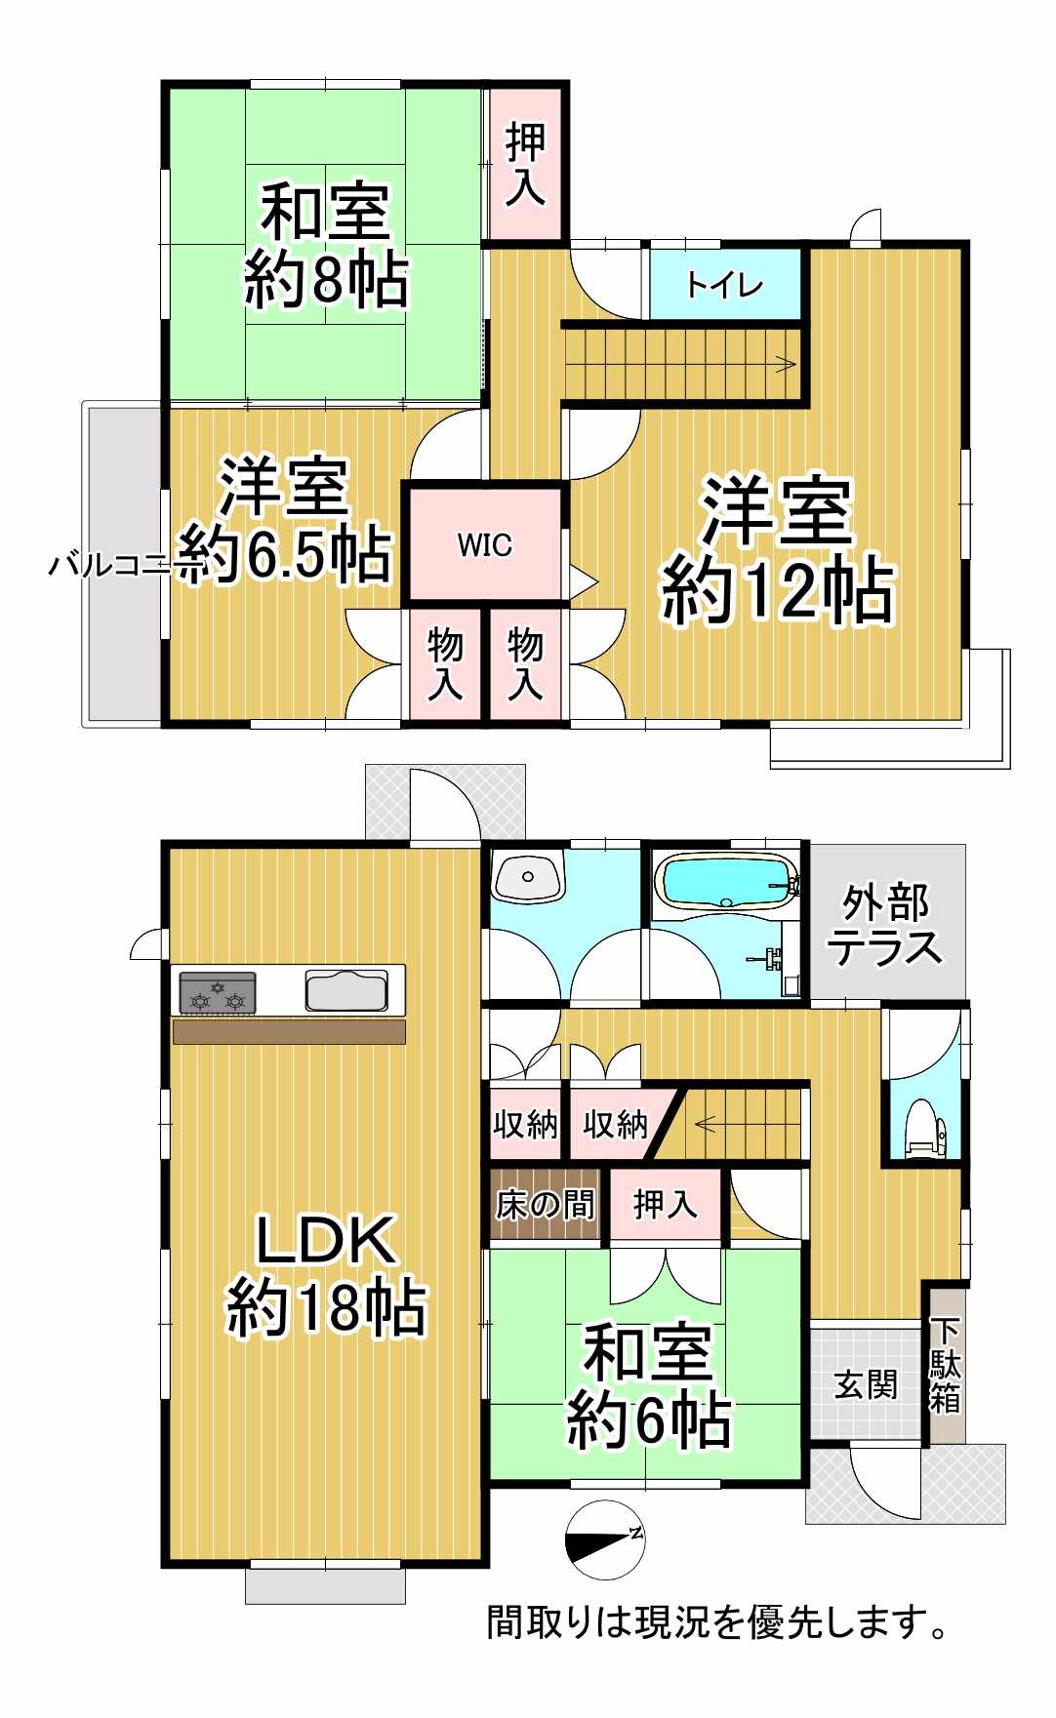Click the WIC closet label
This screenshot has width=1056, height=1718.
(485, 544)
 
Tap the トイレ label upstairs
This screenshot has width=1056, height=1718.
(724, 285)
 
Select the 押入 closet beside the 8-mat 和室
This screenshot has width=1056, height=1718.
(526, 164)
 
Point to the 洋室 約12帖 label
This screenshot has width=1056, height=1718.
(778, 550)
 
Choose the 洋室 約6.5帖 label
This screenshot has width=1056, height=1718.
(284, 519)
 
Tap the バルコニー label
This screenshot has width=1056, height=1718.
(109, 564)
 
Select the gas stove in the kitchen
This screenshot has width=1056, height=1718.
(218, 993)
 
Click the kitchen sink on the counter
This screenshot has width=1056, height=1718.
(346, 990)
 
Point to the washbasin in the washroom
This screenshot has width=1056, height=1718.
(528, 876)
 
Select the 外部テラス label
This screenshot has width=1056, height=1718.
(884, 925)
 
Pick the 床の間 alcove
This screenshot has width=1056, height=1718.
(545, 1205)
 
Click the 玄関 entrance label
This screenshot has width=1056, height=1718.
(866, 1383)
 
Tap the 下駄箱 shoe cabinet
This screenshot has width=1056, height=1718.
(945, 1366)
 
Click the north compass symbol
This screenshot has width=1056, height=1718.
(605, 1539)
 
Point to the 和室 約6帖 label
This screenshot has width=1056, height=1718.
(649, 1385)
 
